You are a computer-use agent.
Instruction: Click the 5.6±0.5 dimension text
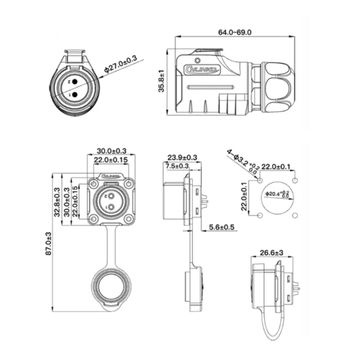(224, 229)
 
